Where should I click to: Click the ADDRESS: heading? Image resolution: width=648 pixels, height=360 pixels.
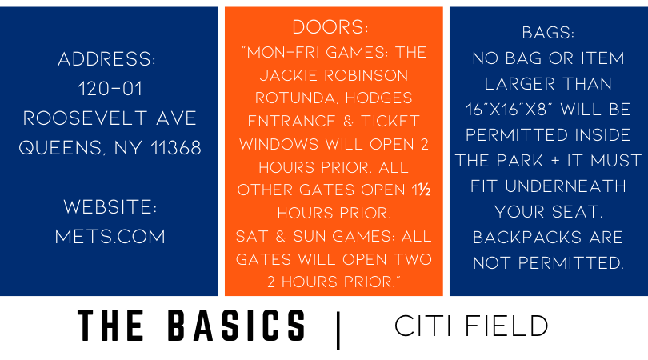(x=106, y=59)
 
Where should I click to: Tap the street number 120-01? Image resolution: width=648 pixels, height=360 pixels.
(x=110, y=89)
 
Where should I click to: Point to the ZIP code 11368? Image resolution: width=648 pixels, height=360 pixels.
(x=176, y=148)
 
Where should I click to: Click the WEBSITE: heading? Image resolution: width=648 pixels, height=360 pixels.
(x=110, y=207)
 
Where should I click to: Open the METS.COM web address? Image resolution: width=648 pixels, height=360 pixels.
(x=110, y=237)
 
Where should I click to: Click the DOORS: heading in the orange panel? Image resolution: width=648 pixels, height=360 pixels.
(x=330, y=27)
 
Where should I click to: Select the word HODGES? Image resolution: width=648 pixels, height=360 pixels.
(x=379, y=98)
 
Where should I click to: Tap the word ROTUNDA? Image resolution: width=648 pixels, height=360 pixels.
(x=297, y=98)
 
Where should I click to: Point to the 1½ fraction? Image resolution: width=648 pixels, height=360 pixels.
(x=421, y=190)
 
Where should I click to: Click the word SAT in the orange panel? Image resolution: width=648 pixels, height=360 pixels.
(x=252, y=237)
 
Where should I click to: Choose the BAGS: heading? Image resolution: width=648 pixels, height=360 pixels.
(x=548, y=33)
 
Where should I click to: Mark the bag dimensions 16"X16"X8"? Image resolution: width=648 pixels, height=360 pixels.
(x=510, y=110)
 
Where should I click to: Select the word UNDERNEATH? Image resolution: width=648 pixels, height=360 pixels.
(x=566, y=186)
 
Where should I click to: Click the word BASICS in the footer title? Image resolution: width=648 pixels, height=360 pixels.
(x=237, y=326)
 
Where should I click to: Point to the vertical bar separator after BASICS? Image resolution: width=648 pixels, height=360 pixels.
(x=338, y=330)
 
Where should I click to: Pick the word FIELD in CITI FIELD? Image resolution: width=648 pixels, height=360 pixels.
(x=506, y=326)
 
